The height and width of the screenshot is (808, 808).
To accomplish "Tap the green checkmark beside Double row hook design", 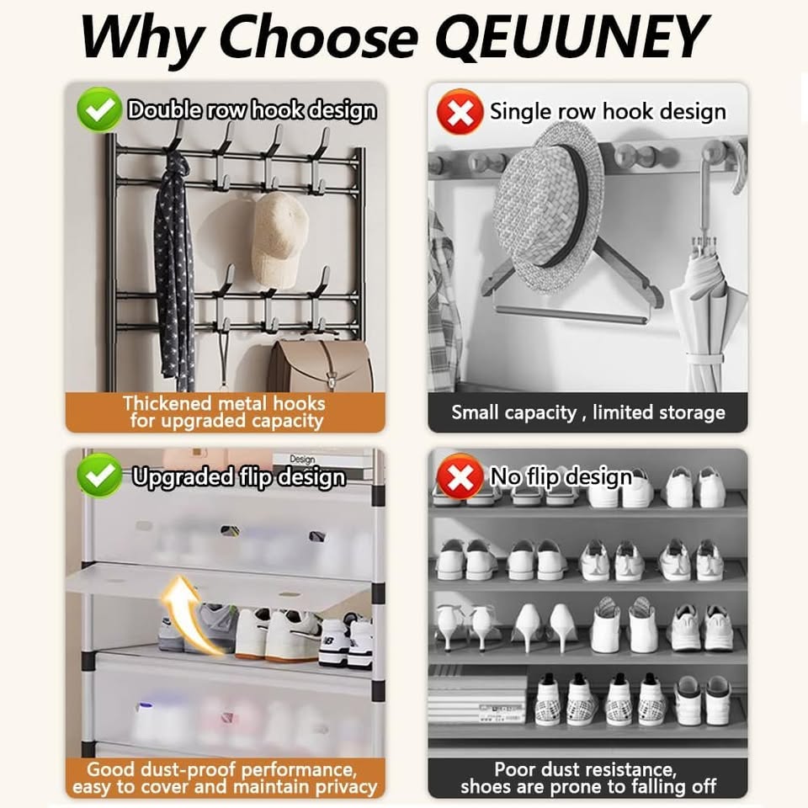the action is [x=99, y=109].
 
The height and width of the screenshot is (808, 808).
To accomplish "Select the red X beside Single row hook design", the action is [x=460, y=112].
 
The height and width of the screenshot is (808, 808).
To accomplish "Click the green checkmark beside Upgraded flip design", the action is [x=99, y=475].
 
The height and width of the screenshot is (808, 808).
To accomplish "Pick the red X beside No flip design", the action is [x=460, y=476].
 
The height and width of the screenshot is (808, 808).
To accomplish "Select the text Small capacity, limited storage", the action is [x=588, y=412].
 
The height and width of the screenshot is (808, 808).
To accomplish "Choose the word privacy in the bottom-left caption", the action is [x=346, y=788].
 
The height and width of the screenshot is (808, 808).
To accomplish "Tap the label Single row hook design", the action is [x=608, y=112].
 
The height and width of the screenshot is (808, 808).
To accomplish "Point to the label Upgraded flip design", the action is [x=238, y=476].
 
